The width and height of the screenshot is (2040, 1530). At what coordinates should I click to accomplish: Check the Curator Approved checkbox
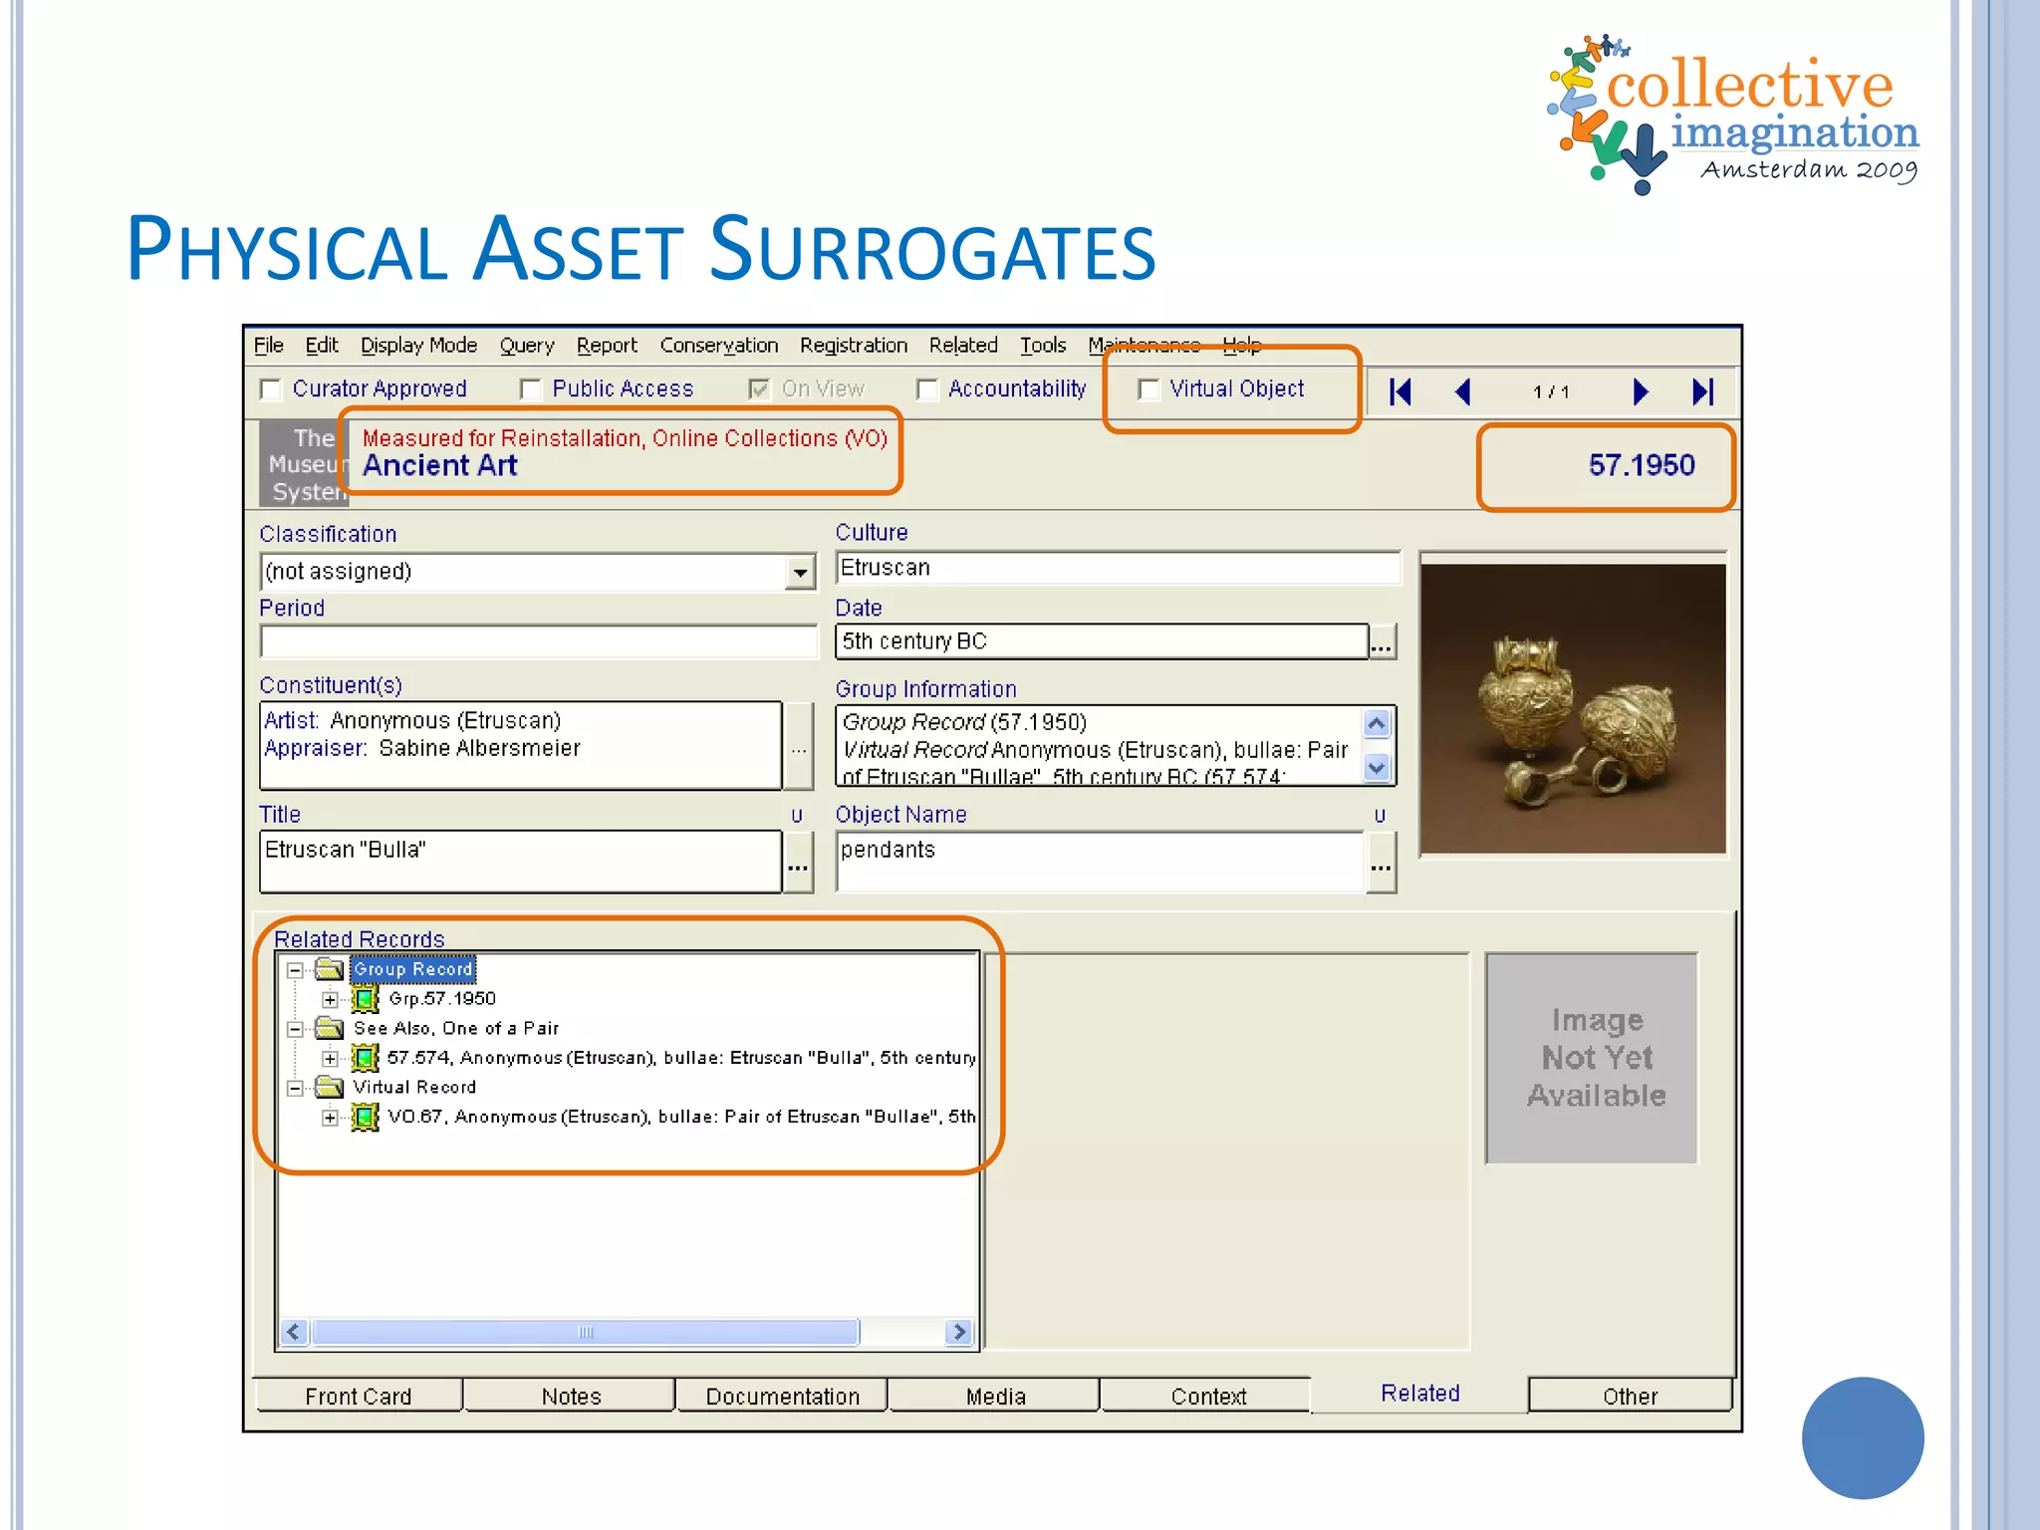click(270, 389)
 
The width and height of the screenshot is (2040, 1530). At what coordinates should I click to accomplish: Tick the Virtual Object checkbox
click(1148, 389)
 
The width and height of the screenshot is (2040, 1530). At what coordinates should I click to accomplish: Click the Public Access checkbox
click(531, 389)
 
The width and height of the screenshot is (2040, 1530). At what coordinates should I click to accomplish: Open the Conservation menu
click(718, 346)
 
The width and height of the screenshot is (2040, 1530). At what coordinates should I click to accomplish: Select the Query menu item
click(526, 346)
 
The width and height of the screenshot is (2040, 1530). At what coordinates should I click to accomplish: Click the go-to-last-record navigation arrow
click(1702, 391)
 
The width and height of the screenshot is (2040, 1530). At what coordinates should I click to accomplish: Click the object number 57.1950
click(1641, 465)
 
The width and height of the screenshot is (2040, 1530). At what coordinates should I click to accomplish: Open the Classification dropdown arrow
click(800, 573)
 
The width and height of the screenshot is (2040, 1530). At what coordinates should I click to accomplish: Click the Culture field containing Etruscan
click(1116, 568)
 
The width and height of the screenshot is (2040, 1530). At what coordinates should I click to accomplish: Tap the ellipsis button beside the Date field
click(1382, 642)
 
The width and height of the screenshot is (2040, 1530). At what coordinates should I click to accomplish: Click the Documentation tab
click(782, 1396)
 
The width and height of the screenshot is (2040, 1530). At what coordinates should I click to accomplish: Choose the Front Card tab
click(358, 1396)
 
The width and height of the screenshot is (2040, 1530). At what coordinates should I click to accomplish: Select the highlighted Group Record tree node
click(412, 969)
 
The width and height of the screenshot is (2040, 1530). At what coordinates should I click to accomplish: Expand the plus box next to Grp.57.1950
click(330, 999)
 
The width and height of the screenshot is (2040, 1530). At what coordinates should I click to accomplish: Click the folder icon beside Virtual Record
click(330, 1087)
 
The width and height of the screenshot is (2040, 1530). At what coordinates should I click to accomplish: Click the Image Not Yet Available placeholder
click(1596, 1058)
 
